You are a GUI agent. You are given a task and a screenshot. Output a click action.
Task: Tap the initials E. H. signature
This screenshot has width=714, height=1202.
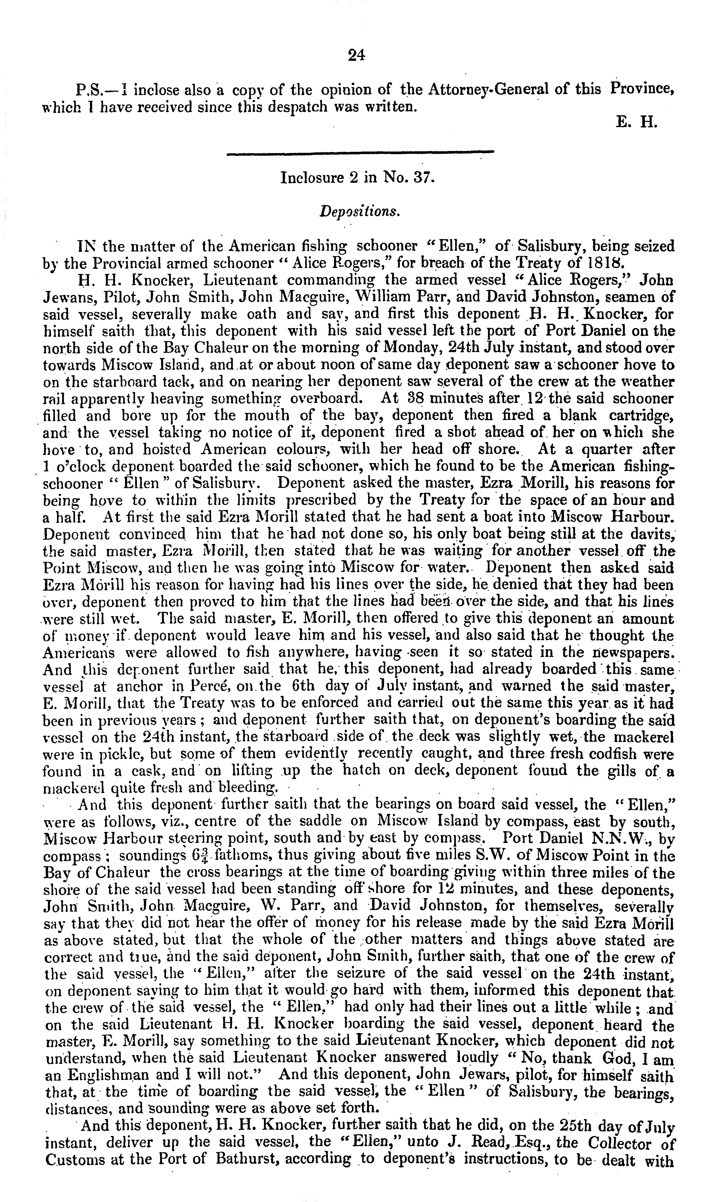(636, 122)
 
